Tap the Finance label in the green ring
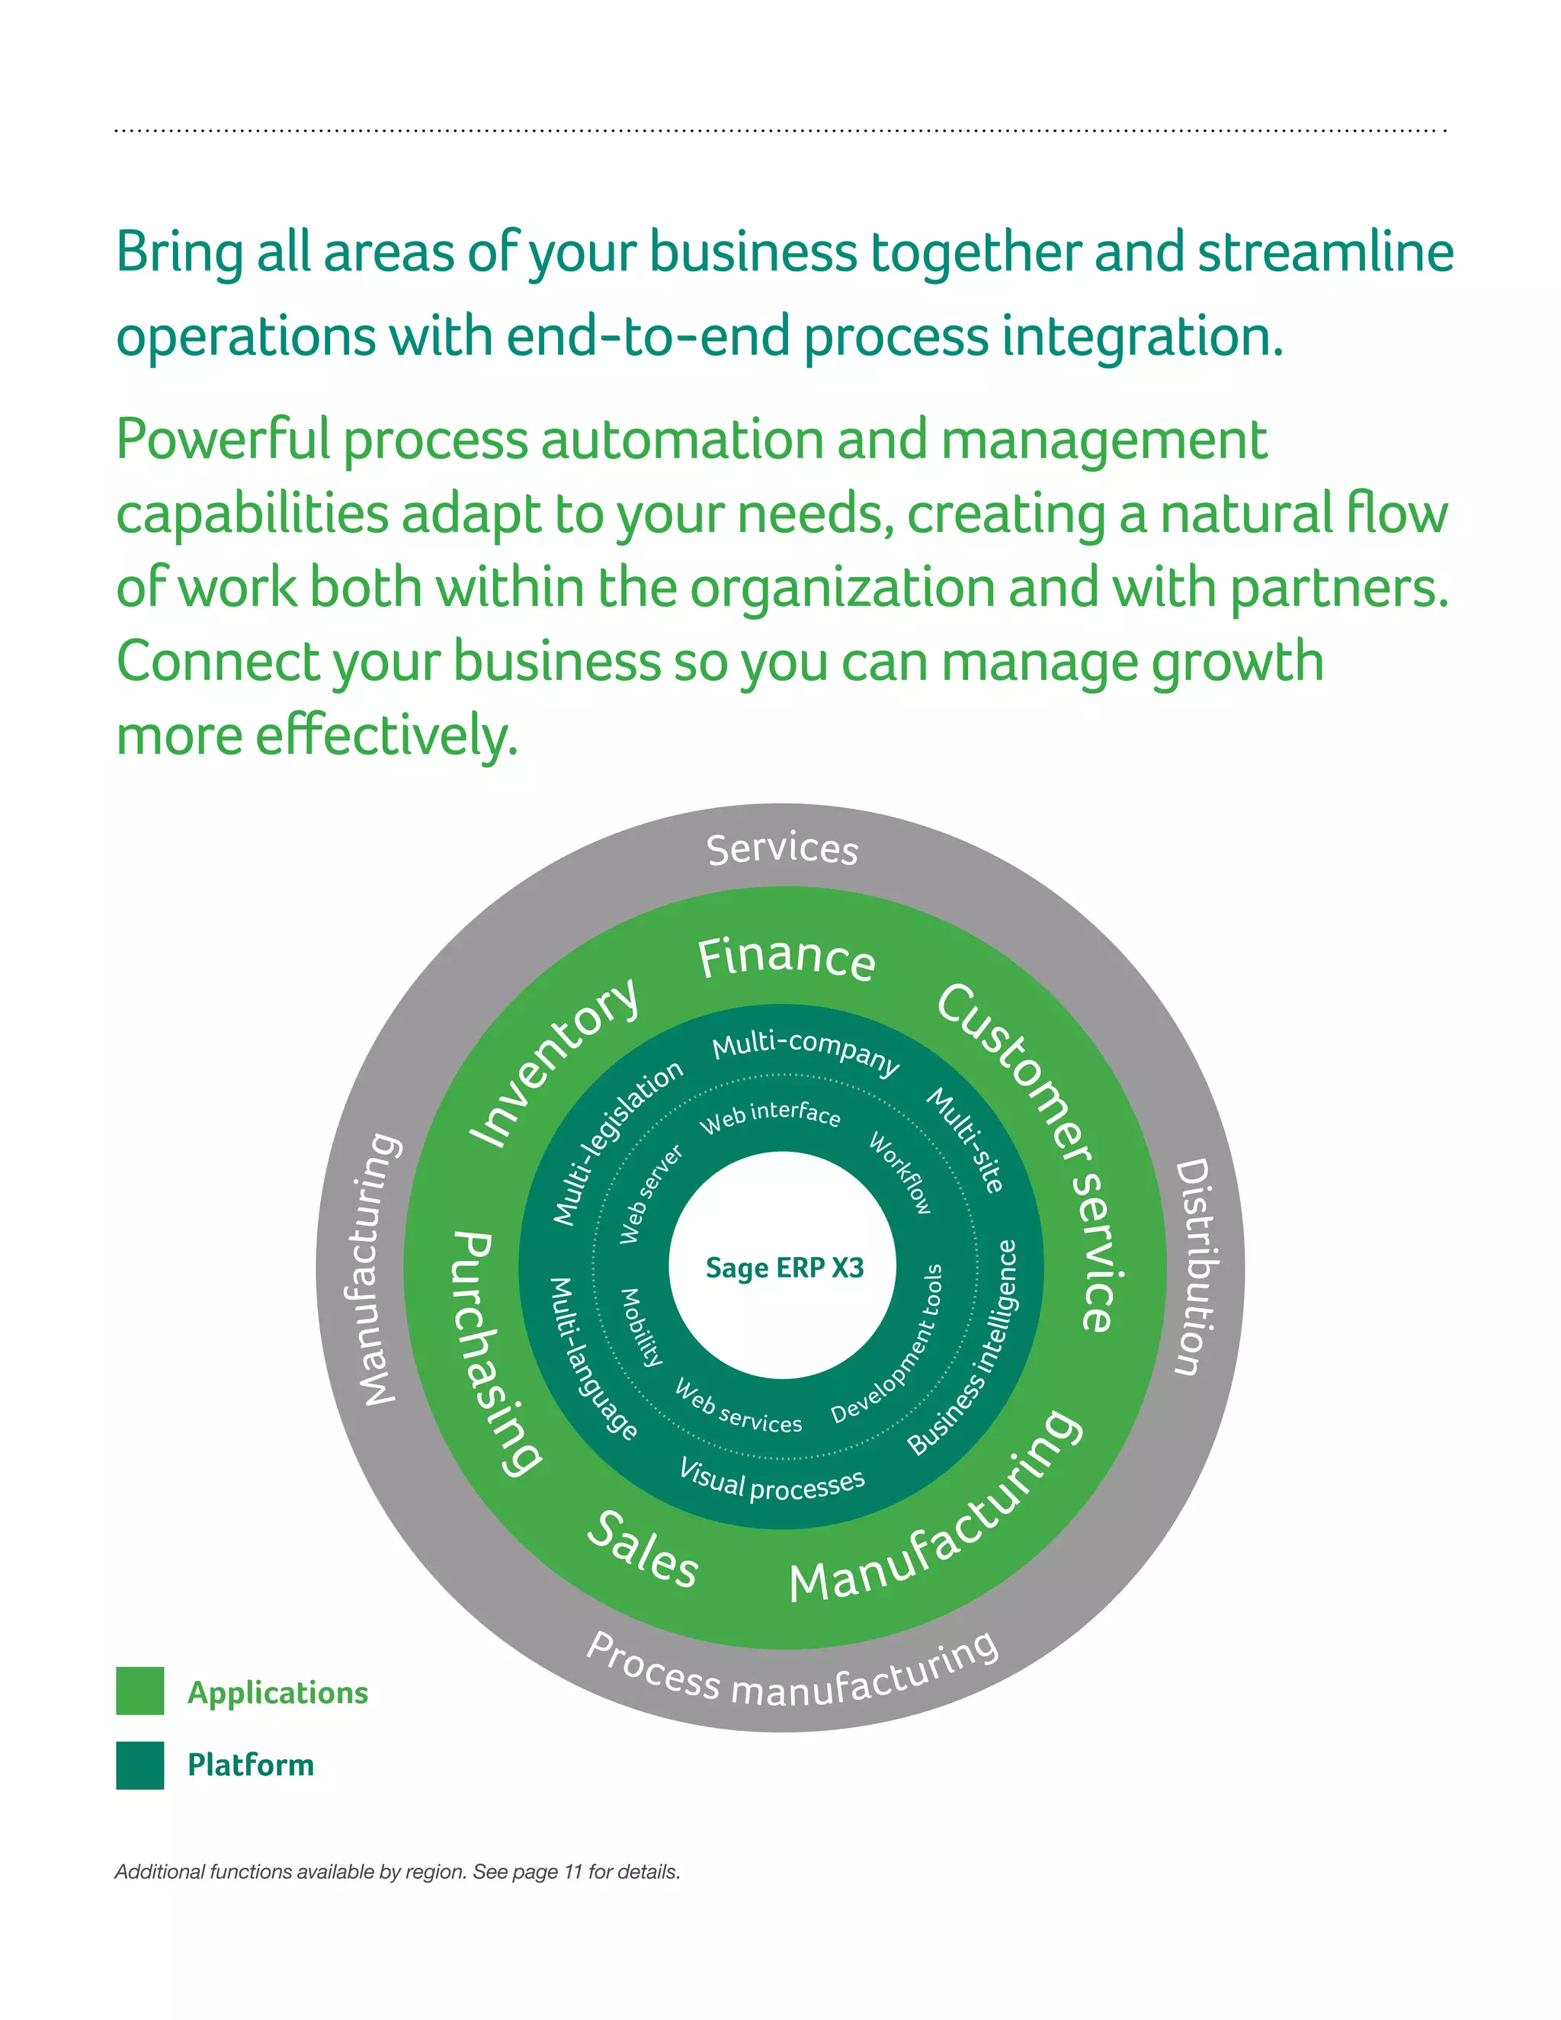point(786,957)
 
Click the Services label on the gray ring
point(782,849)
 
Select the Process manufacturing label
point(793,1672)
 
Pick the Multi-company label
point(805,1052)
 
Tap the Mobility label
point(641,1328)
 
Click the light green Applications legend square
point(139,1691)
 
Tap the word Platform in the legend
point(251,1765)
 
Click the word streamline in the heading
point(1325,252)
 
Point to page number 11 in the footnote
point(573,1872)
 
